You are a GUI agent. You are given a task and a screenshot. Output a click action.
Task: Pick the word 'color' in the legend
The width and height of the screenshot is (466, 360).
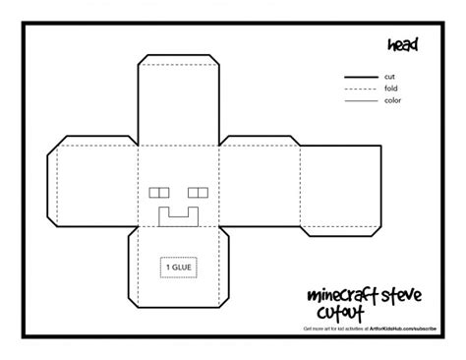click(393, 100)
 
